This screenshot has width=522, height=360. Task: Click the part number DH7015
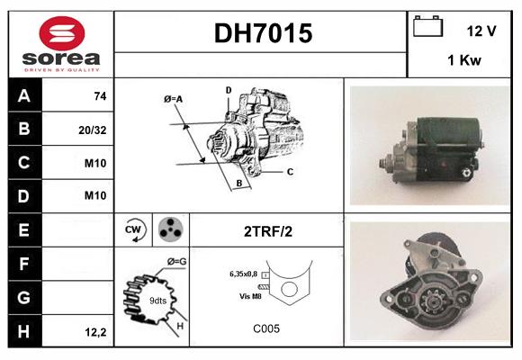262,34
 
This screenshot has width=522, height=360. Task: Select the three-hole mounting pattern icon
170,230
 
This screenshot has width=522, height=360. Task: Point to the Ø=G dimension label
176,262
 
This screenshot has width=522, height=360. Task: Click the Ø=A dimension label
174,98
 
